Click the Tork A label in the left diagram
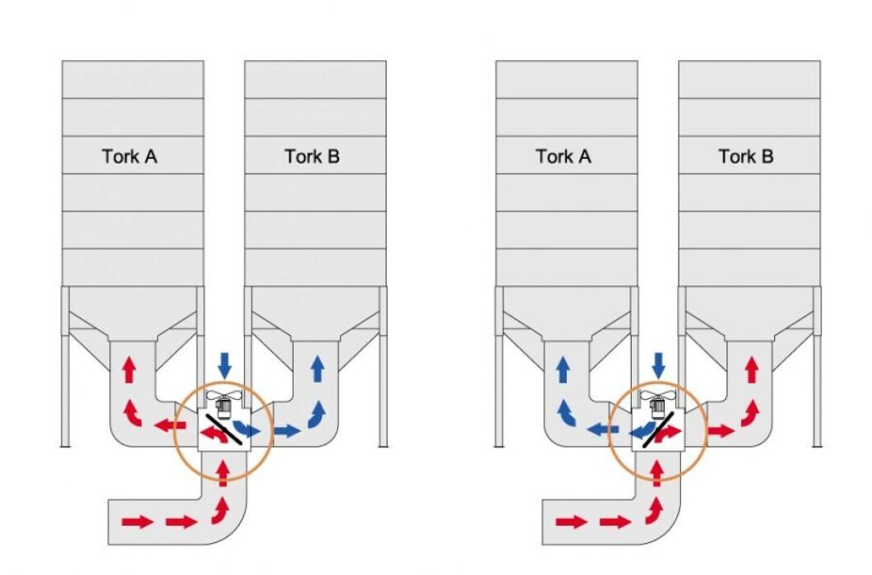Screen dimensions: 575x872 pos(129,156)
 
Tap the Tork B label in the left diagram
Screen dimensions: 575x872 pos(312,156)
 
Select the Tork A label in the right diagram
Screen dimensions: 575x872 pos(563,156)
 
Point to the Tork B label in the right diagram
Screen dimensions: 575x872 pos(745,156)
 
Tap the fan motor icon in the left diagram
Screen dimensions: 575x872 pos(222,402)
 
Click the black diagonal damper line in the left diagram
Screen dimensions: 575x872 pos(223,429)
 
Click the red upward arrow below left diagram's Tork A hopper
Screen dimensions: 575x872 pos(128,370)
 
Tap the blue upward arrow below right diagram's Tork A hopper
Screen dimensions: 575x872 pos(563,370)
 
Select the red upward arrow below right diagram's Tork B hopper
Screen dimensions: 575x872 pos(750,370)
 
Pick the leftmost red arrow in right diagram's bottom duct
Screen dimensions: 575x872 pos(571,521)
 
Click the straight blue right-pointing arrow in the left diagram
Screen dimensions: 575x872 pos(286,429)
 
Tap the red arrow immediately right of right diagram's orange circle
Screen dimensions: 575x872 pos(721,429)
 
